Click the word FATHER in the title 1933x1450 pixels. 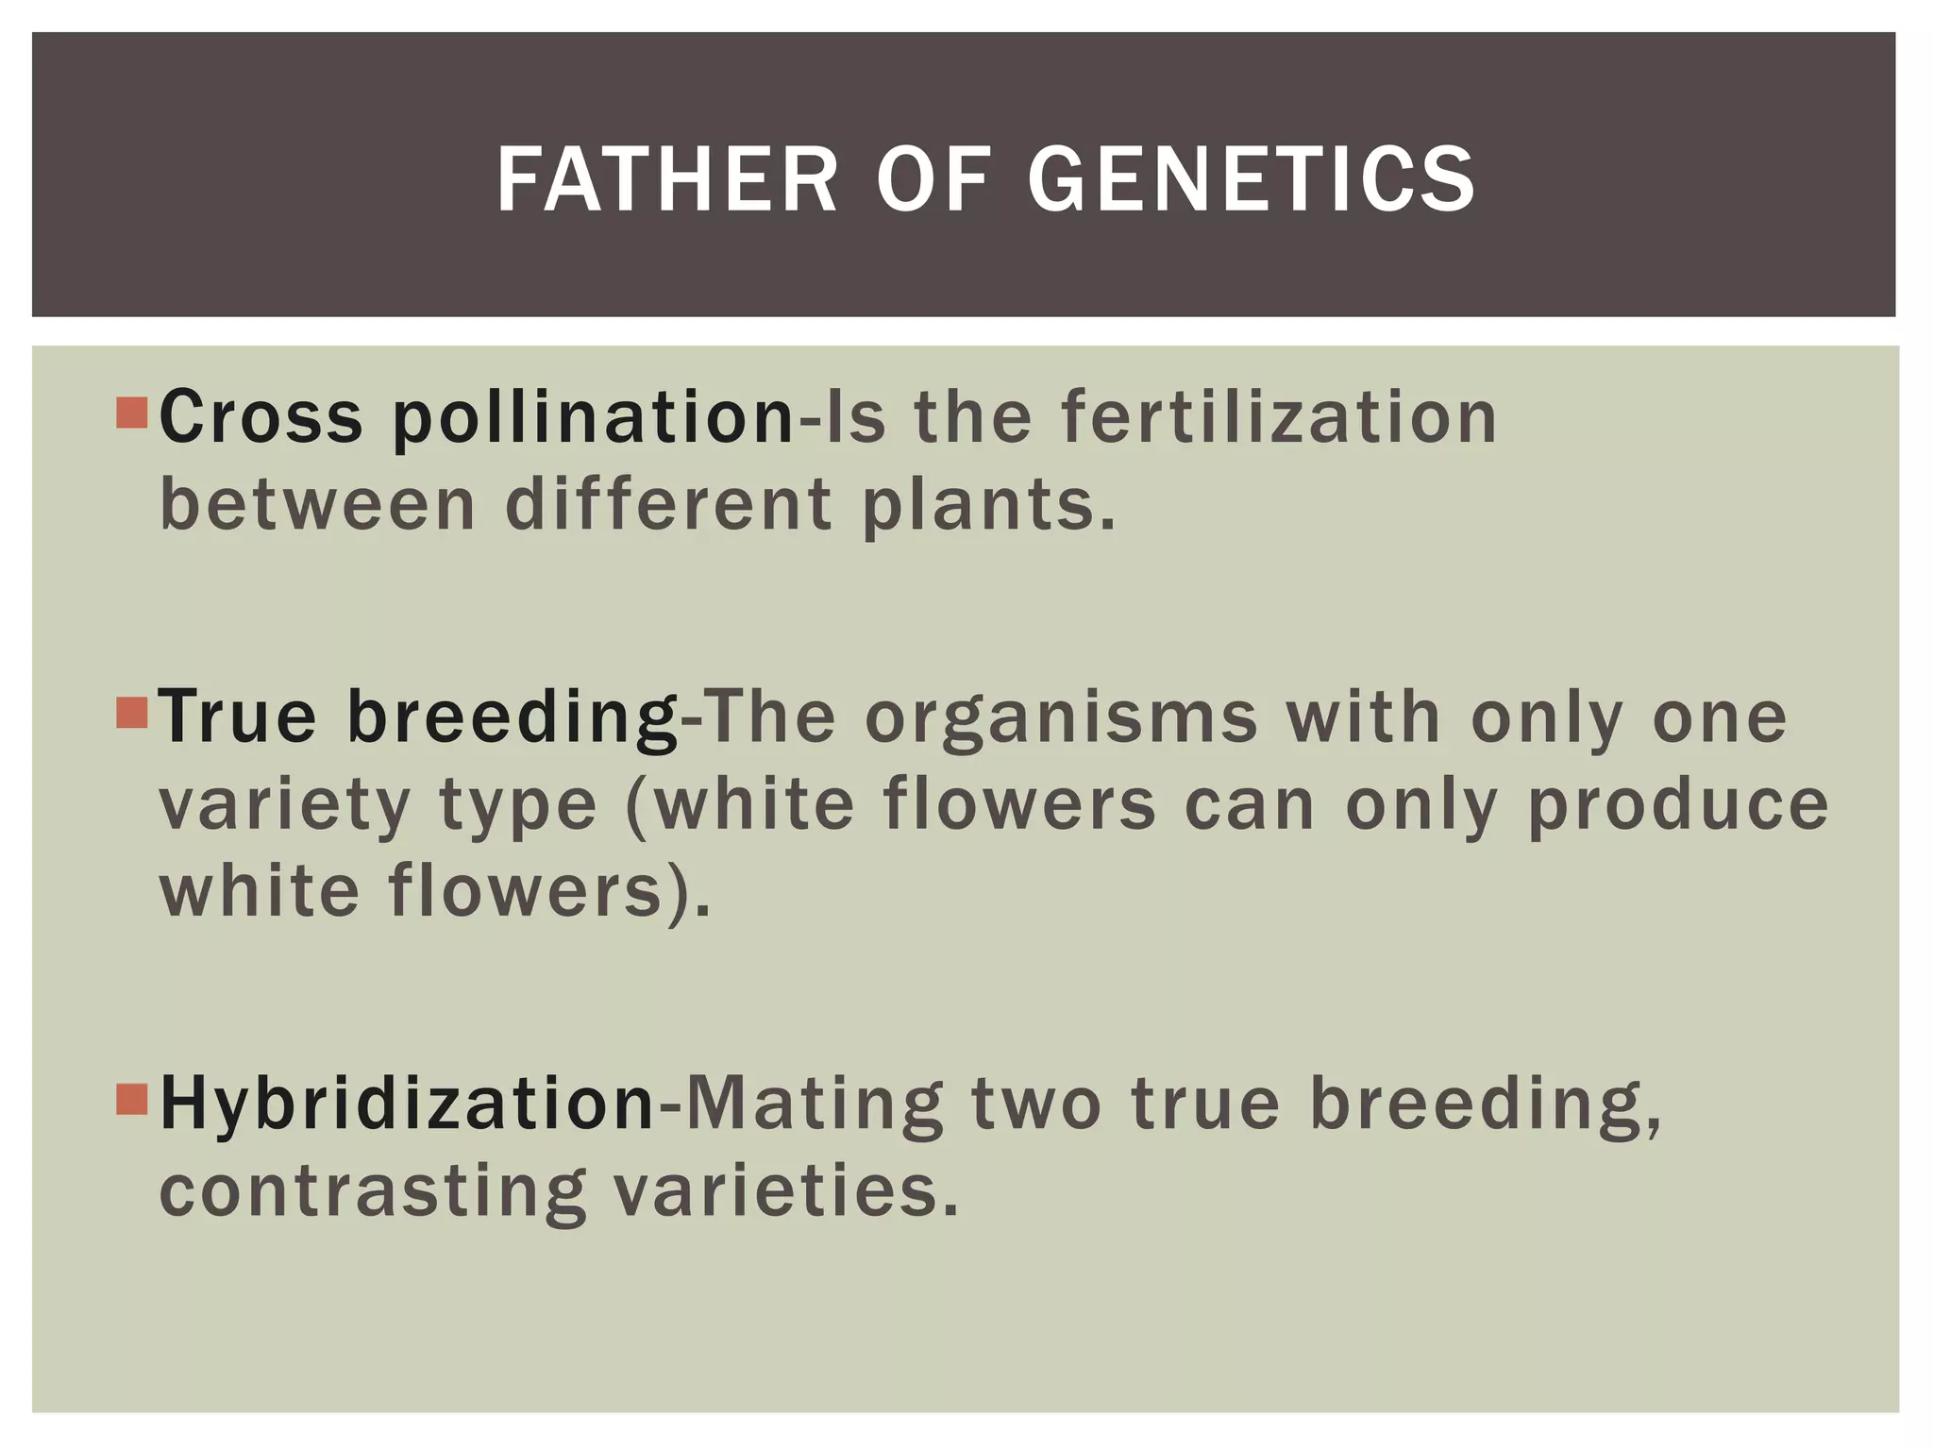(666, 179)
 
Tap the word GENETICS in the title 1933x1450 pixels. (1251, 179)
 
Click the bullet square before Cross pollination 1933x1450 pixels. (132, 413)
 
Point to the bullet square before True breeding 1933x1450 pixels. (132, 713)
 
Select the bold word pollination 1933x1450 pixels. (594, 417)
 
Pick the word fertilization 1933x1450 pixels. (1279, 417)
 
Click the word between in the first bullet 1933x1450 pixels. (318, 505)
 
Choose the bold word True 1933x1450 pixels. (237, 717)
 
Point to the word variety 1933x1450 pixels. (284, 806)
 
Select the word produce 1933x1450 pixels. (1677, 806)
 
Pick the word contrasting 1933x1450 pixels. (373, 1191)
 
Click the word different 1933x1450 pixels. (668, 505)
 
